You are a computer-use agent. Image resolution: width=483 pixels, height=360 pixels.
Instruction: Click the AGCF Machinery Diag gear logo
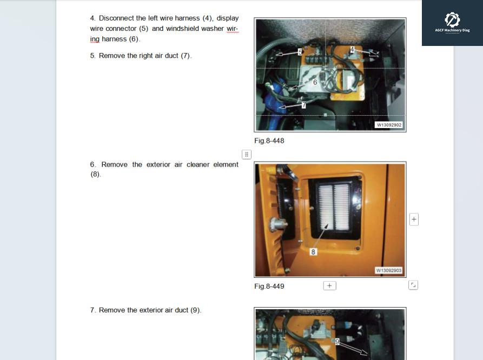452,20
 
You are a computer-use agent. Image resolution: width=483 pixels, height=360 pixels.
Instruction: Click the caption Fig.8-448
269,141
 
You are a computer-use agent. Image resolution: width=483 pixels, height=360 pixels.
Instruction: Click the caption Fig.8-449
269,286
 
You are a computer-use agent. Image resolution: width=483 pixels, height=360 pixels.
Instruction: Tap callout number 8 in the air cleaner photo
313,252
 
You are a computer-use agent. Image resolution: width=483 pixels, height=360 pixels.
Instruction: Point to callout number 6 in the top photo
315,82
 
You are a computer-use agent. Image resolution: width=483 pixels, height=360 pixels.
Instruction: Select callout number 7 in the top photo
303,105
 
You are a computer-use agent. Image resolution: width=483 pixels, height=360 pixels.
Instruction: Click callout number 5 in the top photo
300,52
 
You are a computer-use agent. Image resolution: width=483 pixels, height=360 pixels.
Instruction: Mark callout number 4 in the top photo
352,49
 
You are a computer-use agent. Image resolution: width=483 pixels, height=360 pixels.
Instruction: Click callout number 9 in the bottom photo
337,342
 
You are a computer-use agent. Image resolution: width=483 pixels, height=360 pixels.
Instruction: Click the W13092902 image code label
389,125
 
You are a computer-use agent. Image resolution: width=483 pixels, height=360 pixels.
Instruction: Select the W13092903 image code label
389,270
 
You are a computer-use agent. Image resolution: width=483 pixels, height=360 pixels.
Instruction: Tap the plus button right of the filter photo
414,219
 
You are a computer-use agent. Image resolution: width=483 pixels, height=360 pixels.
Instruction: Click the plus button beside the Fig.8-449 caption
329,285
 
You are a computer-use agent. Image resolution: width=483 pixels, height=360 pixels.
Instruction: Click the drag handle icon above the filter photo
246,154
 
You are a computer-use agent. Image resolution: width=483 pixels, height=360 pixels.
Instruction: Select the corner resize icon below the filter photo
413,285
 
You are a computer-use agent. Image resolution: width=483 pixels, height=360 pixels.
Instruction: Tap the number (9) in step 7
195,310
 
